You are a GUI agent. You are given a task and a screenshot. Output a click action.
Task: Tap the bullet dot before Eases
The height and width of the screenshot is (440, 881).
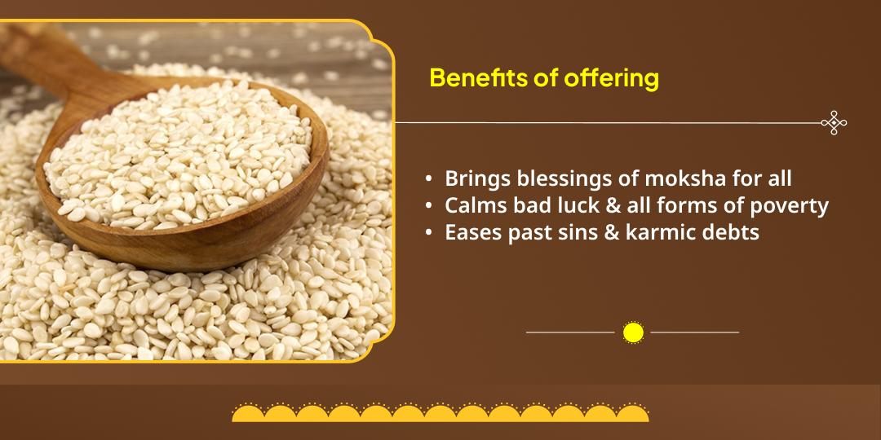[429, 233]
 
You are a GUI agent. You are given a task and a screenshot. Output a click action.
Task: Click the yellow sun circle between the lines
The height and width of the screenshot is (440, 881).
[633, 332]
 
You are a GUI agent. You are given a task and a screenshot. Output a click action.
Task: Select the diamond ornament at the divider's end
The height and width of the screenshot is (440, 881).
[834, 123]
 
